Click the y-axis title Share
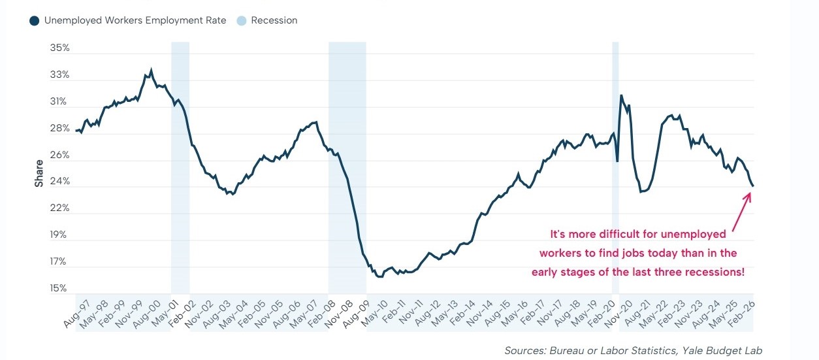coord(39,173)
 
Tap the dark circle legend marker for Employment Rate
coord(34,21)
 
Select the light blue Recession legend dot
coord(242,21)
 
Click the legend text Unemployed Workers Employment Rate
coord(135,21)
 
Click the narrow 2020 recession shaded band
coord(615,163)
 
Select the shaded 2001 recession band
coord(180,163)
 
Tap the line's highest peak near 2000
coord(152,69)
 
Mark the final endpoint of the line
coord(753,186)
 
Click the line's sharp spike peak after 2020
coord(621,95)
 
